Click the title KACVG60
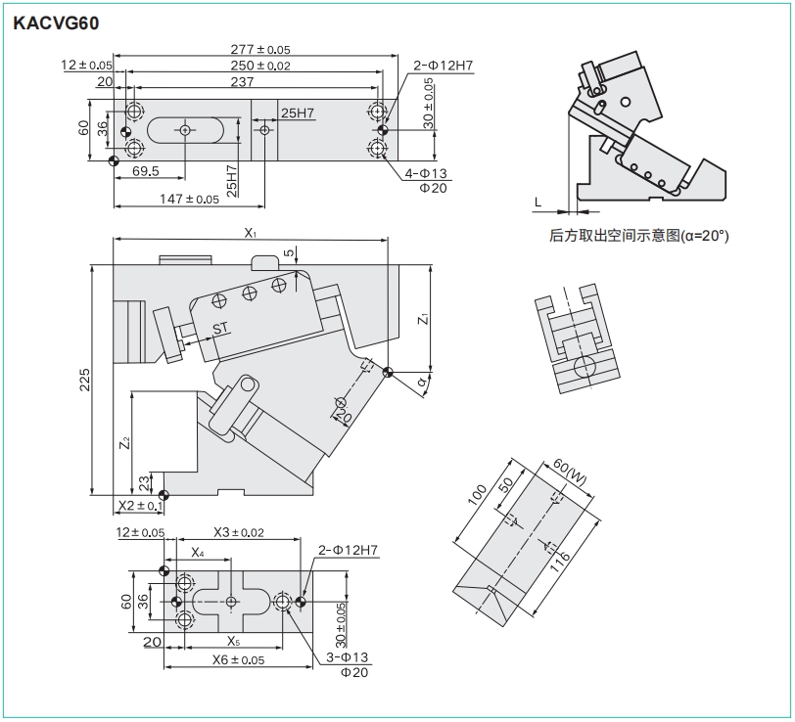point(56,21)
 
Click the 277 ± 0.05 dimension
point(259,49)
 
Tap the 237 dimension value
point(241,82)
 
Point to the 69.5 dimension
point(146,171)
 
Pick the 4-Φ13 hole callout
point(427,173)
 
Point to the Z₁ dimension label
point(421,319)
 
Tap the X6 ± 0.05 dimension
point(238,660)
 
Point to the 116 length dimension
point(567,559)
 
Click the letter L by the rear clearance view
point(537,202)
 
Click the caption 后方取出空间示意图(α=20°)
point(639,236)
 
